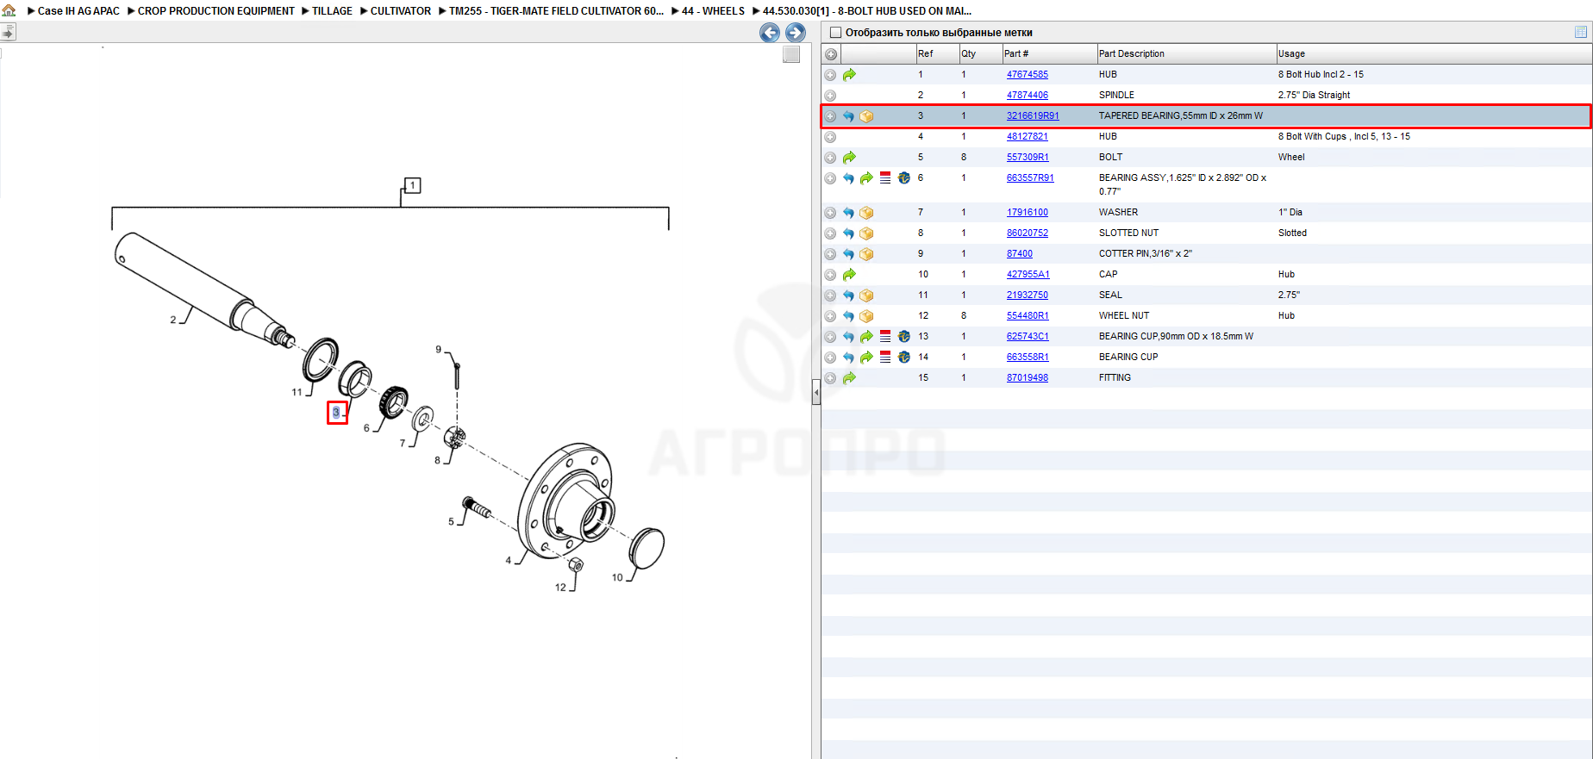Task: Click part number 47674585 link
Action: coord(1027,75)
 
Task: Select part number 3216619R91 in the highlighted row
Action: coord(1033,116)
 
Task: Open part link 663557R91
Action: coord(1030,178)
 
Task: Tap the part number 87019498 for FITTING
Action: coord(1027,378)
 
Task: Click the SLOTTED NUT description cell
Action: coord(1128,233)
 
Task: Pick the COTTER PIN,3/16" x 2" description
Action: coord(1145,254)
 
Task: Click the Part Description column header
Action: coord(1131,53)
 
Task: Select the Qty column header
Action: coord(969,53)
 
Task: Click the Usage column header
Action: coord(1291,53)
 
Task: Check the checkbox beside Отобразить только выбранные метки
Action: coord(835,33)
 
